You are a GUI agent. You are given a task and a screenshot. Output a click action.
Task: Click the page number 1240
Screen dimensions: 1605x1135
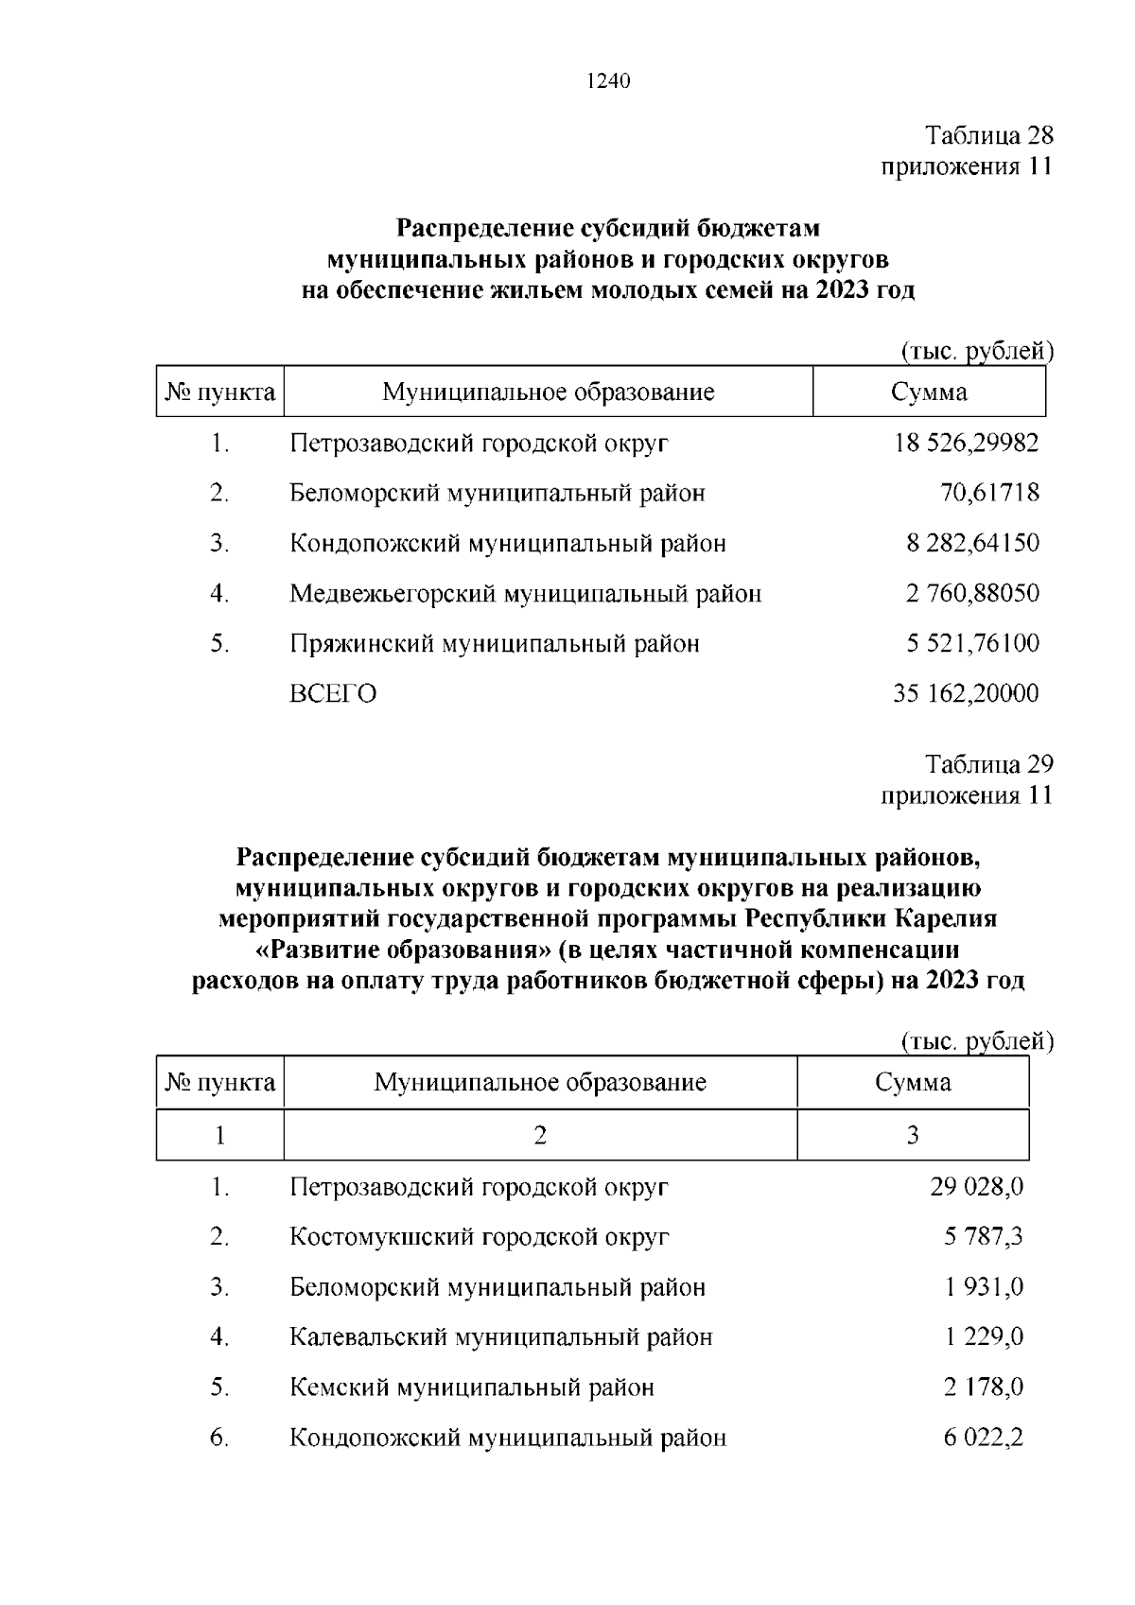click(x=608, y=81)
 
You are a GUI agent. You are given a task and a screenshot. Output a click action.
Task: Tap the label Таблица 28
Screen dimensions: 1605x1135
click(x=988, y=135)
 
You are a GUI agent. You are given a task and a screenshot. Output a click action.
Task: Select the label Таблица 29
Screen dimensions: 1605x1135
click(x=988, y=764)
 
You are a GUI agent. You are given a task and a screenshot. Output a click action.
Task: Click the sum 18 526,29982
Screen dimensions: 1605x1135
click(x=966, y=443)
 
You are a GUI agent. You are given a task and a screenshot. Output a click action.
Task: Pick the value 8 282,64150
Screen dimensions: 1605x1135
click(x=972, y=544)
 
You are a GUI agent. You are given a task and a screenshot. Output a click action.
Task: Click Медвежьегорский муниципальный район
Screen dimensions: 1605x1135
click(x=525, y=594)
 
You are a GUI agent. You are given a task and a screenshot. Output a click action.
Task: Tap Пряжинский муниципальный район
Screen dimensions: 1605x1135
click(x=494, y=644)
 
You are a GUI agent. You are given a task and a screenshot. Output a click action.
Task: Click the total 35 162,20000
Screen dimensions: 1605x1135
click(x=966, y=694)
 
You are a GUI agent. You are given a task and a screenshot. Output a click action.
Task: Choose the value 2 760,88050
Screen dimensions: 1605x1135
click(x=972, y=594)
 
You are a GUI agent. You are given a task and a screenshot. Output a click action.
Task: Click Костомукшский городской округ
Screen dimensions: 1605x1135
click(x=480, y=1237)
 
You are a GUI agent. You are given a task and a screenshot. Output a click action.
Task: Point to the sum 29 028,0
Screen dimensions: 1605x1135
click(x=976, y=1187)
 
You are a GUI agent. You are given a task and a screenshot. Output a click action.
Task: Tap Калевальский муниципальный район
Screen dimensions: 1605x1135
click(x=500, y=1337)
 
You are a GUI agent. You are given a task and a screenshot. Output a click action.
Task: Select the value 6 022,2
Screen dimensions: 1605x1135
click(x=983, y=1439)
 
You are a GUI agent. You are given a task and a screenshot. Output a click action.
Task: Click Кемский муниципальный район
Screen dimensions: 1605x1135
click(x=471, y=1388)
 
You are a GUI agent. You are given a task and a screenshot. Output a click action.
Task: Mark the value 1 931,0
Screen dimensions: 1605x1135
click(x=983, y=1287)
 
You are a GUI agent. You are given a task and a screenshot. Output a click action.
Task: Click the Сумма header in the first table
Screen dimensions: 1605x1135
click(x=929, y=393)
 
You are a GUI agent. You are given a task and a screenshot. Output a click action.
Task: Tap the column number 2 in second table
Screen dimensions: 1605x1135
click(x=540, y=1135)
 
